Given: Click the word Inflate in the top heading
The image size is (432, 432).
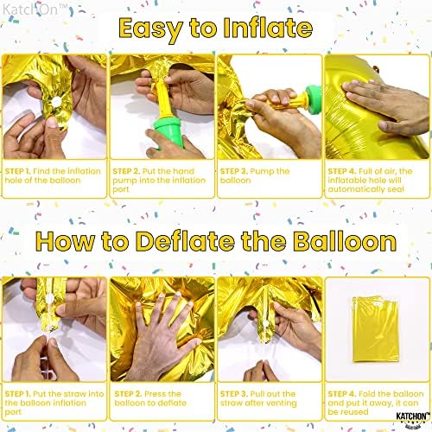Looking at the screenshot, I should [x=264, y=30].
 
